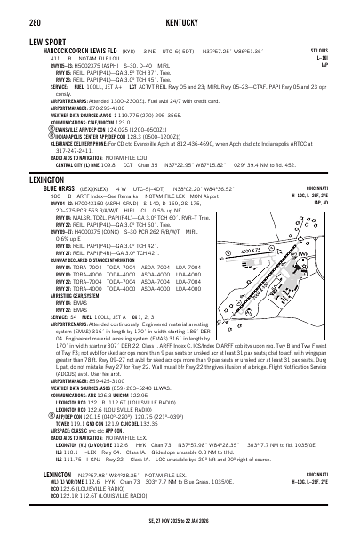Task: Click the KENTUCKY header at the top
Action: [180, 11]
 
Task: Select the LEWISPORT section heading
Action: [26, 42]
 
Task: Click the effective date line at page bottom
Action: [180, 536]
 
